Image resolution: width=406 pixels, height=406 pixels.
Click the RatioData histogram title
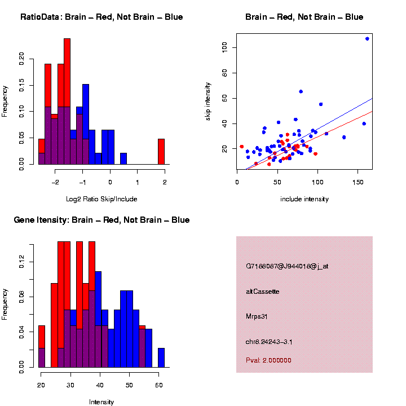click(x=101, y=17)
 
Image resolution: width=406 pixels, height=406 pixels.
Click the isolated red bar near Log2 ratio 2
click(x=161, y=151)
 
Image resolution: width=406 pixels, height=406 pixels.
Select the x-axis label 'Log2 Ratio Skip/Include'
click(x=101, y=199)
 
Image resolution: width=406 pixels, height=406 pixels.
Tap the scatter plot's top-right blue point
click(x=367, y=39)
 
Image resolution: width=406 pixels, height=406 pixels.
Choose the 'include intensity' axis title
click(x=304, y=199)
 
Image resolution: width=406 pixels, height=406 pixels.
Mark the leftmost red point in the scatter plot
click(x=241, y=147)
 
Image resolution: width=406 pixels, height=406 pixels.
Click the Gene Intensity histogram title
click(x=101, y=220)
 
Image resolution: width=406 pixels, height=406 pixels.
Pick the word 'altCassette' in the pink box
click(x=263, y=292)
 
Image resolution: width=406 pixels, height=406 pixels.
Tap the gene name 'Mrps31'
click(x=257, y=316)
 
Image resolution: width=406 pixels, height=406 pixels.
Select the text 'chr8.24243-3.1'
click(x=268, y=342)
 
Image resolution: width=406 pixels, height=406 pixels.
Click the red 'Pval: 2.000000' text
click(x=269, y=360)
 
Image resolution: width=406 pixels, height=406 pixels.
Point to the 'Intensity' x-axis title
click(x=101, y=402)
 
